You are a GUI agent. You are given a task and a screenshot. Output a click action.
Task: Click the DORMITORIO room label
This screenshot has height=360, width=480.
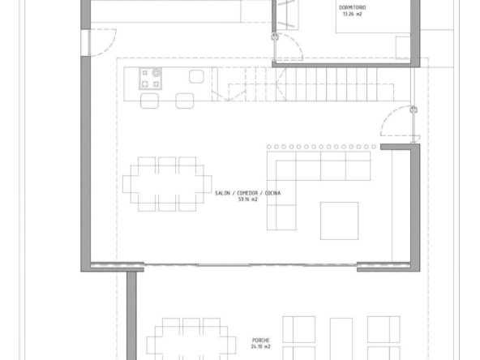pos(352,7)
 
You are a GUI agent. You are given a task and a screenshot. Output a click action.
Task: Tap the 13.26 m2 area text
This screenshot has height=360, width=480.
pos(353,14)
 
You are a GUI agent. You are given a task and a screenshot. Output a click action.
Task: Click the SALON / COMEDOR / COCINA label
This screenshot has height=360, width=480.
pos(247,193)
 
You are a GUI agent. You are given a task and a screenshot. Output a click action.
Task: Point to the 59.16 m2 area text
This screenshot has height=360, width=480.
pos(247,199)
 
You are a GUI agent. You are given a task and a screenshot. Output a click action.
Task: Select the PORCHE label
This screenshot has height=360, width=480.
pos(261,340)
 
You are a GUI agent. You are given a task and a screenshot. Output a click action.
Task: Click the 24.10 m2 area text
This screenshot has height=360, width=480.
pos(261,346)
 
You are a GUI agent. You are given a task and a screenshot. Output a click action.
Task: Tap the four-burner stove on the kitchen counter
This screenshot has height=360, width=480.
pos(150,79)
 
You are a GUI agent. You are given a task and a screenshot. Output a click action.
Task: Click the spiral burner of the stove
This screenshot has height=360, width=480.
pos(156,72)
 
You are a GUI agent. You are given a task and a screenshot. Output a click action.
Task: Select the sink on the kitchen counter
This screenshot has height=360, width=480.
pos(196,76)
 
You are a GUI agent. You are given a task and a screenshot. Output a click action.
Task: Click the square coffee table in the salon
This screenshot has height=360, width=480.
pos(339,221)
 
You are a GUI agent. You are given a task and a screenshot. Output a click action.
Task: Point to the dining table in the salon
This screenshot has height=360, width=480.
pos(167,184)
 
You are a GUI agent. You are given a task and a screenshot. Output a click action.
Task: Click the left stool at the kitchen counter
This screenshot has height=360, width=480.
pos(149,101)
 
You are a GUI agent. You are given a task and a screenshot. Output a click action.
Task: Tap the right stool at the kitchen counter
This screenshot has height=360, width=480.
pos(185,101)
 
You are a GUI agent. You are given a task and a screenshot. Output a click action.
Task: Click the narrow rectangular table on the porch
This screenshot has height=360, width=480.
pos(341,339)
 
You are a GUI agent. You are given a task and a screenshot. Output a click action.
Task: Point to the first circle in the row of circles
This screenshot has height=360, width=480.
pos(268,147)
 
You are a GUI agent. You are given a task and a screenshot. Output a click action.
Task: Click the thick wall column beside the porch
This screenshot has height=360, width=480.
pos(131,316)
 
